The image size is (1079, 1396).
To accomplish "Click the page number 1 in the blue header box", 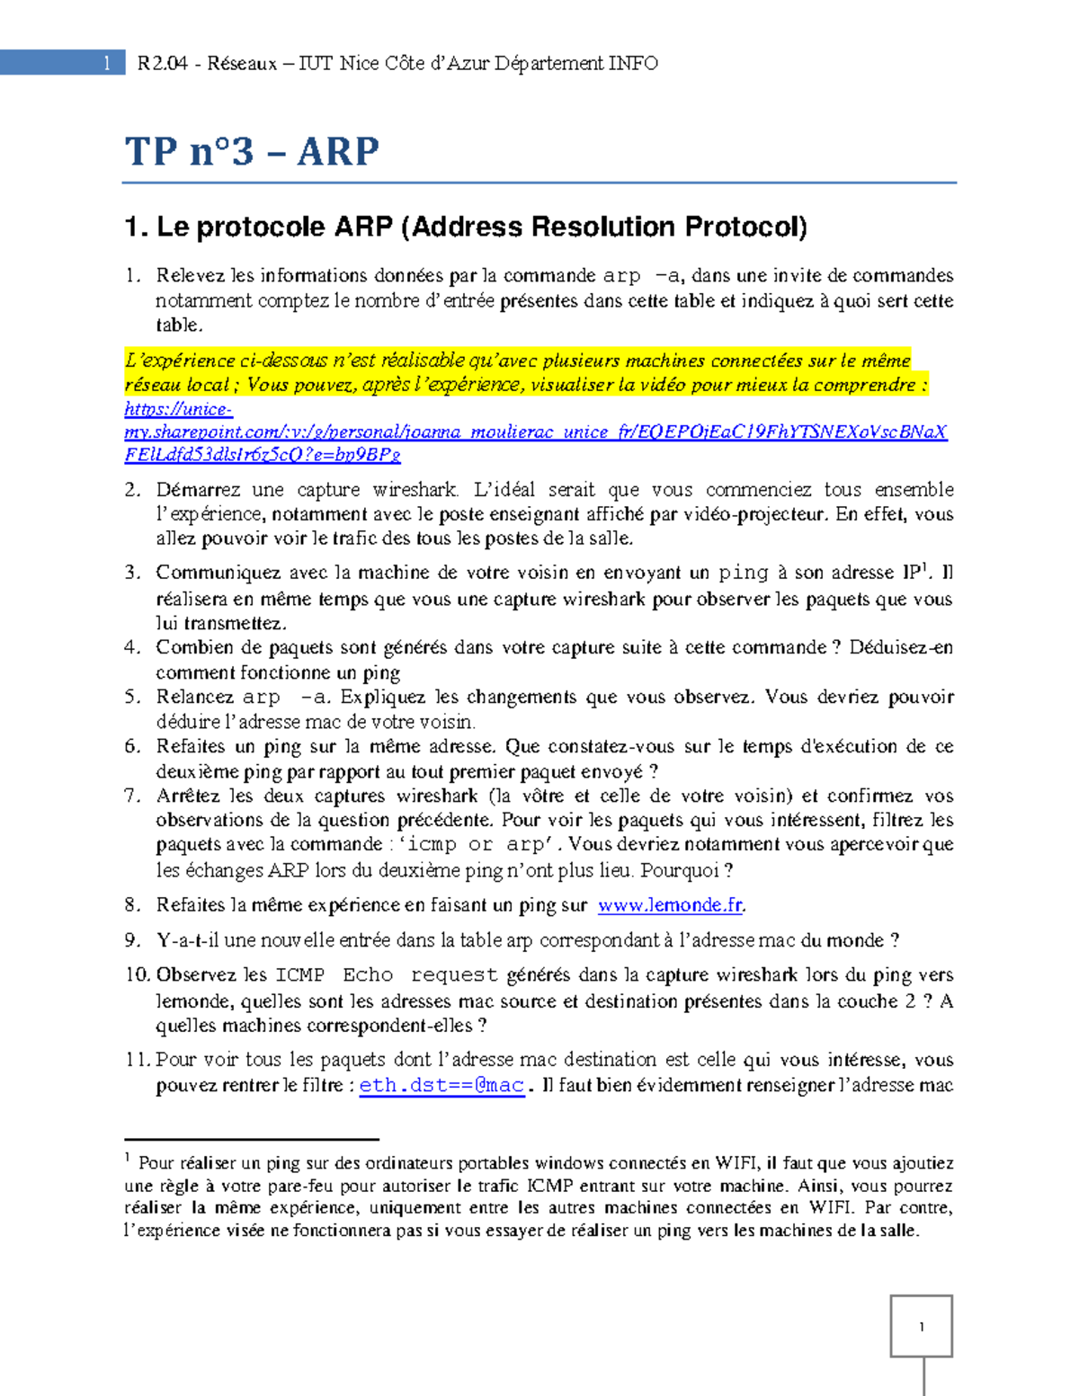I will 107,63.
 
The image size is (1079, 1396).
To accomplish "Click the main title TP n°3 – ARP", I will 252,151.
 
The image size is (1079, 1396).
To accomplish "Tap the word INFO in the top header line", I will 633,63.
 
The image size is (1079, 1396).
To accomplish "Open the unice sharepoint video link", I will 535,431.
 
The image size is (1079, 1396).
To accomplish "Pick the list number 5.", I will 132,697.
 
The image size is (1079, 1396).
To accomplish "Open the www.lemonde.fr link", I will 670,905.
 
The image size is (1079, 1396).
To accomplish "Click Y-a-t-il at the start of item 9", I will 187,940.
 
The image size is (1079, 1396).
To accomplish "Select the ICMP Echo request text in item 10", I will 387,975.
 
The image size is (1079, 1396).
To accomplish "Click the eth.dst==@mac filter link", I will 441,1085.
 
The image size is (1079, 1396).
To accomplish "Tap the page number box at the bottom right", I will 921,1326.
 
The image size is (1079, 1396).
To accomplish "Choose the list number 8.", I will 132,905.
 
